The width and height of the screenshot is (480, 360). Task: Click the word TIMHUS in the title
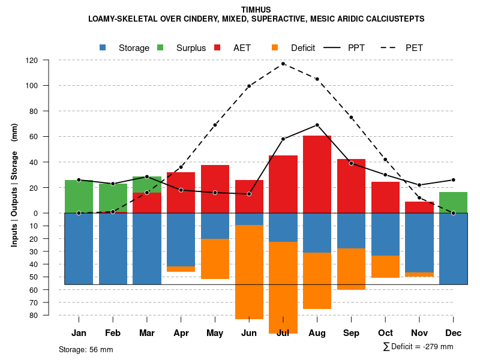256,10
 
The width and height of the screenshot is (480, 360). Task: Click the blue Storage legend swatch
103,48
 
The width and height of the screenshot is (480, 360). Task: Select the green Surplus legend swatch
160,48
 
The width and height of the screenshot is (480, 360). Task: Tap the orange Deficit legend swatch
275,48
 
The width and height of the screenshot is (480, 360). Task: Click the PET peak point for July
283,64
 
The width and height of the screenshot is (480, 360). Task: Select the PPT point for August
317,125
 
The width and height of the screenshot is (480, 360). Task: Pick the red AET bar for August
317,174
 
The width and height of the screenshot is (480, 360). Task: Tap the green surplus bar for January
79,196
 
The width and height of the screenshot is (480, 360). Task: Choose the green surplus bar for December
453,202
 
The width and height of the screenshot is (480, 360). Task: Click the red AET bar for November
419,207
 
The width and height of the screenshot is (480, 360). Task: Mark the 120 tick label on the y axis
32,61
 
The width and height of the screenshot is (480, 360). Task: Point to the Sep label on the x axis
351,333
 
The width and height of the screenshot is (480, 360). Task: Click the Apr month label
181,333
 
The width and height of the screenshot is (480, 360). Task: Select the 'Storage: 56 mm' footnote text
86,349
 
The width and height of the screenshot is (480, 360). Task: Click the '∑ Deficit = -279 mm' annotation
418,347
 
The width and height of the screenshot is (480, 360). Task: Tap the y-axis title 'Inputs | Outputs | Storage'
14,186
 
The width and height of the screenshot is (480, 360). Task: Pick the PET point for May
215,125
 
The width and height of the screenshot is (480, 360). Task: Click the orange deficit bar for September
351,269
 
